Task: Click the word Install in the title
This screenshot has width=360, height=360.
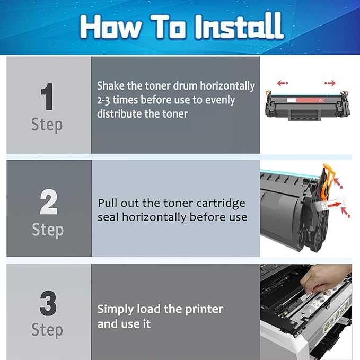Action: point(240,25)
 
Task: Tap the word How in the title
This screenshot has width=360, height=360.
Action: point(110,26)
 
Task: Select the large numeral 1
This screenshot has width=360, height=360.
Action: point(47,96)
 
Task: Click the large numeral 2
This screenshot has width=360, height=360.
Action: point(48,201)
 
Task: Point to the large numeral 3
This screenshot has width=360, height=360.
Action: point(48,303)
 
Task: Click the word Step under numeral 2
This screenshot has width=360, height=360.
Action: point(48,230)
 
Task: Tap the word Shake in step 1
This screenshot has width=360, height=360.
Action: point(111,86)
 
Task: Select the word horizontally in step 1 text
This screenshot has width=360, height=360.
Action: point(227,86)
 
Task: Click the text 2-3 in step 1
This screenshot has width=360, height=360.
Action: point(103,100)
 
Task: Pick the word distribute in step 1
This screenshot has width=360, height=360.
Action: point(119,114)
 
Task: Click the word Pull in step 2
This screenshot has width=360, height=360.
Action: point(107,203)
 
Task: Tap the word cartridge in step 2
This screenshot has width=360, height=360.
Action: point(221,204)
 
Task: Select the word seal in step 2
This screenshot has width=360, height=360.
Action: point(108,217)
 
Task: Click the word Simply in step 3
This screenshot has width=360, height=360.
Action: point(115,310)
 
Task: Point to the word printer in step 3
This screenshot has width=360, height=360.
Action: point(204,310)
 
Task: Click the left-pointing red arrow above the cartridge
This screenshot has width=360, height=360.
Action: point(283,83)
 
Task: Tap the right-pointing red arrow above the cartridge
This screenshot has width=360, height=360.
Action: point(330,83)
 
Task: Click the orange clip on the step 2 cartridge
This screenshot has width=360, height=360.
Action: point(327,181)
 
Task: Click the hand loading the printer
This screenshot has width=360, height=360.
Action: point(326,279)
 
